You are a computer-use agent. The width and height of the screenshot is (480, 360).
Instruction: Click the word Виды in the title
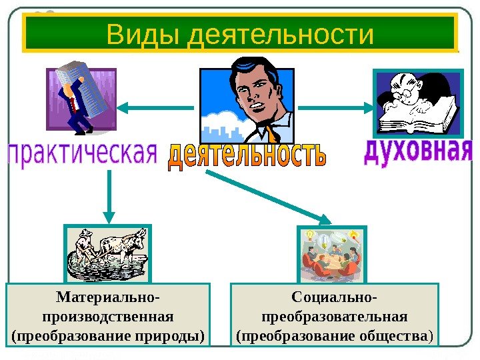pos(142,35)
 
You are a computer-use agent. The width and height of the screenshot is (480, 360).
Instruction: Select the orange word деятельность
pos(247,156)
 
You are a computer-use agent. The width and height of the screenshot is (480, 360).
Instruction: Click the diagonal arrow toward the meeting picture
pos(270,196)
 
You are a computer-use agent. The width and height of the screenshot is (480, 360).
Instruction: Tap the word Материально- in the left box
pos(107,296)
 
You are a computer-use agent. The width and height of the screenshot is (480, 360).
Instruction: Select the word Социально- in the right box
pos(334,296)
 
